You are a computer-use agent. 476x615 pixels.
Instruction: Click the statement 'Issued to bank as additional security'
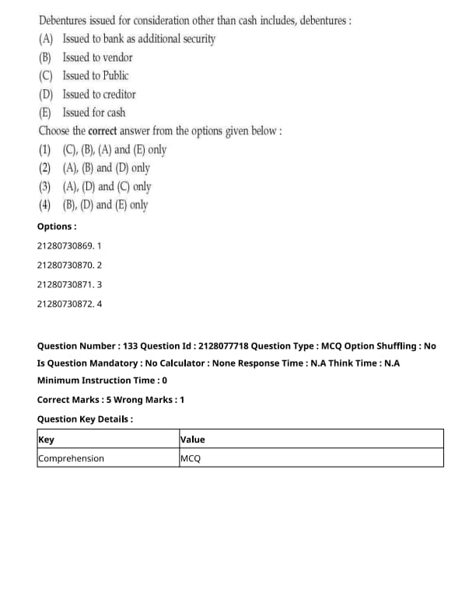click(138, 39)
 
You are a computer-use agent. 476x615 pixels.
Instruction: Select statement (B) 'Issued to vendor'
click(97, 57)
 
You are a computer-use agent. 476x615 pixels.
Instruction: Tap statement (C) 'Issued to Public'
click(96, 76)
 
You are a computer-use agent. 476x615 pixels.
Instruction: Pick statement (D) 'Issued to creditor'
click(99, 95)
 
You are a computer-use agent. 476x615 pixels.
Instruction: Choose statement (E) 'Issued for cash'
click(93, 113)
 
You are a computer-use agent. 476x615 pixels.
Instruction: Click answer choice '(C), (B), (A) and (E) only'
click(114, 150)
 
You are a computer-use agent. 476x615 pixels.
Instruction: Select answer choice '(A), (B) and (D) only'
click(107, 169)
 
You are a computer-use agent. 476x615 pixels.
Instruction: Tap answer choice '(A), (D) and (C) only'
click(107, 187)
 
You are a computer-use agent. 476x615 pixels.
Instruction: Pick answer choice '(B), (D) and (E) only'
click(105, 206)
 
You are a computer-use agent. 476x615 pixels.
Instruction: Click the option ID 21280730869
click(65, 246)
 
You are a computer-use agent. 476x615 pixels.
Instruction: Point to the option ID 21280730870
click(65, 266)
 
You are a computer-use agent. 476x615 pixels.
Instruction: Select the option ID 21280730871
click(65, 284)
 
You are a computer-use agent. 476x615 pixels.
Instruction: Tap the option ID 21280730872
click(65, 304)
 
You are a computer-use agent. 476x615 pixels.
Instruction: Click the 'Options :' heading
click(57, 227)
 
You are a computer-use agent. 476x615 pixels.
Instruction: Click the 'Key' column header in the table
click(46, 440)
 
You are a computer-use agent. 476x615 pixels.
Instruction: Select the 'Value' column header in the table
click(192, 440)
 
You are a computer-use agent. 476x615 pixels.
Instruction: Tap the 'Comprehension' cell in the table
click(71, 458)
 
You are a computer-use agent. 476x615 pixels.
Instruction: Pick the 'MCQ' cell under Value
click(191, 458)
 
